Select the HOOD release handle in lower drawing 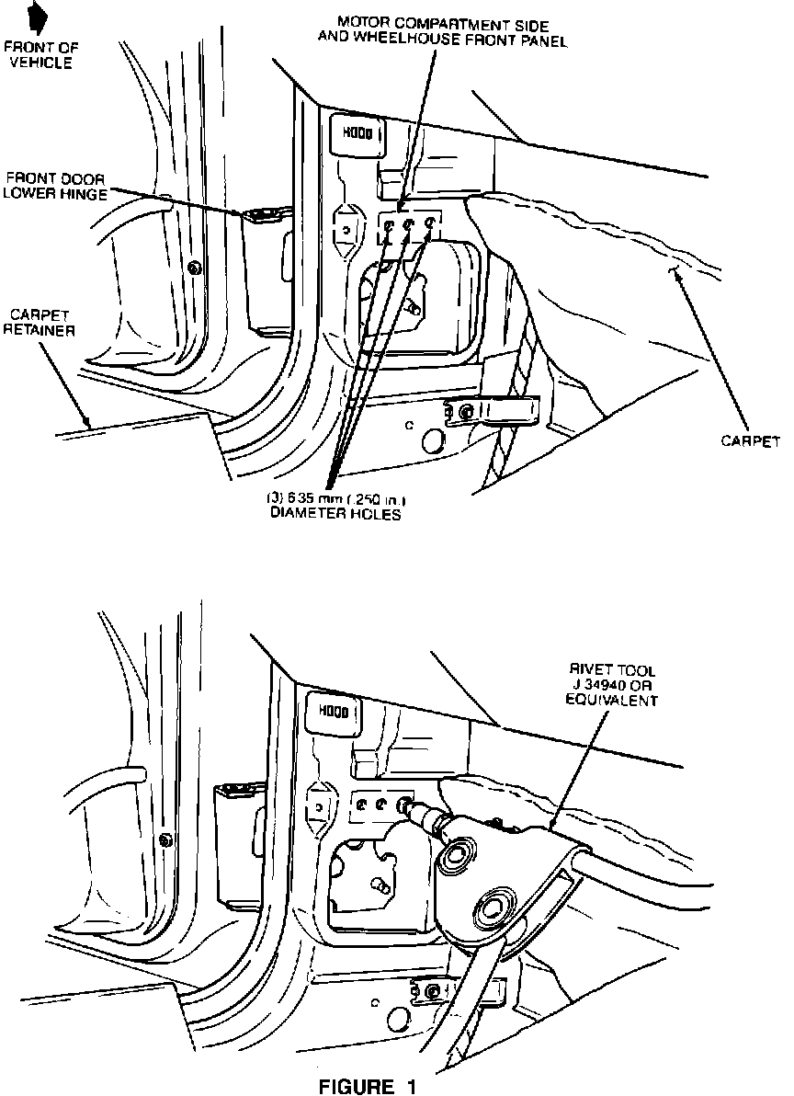point(330,709)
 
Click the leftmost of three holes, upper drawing point(391,226)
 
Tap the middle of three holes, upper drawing point(410,225)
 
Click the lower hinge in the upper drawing point(265,217)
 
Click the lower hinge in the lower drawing point(237,789)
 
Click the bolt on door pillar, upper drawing point(193,268)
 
